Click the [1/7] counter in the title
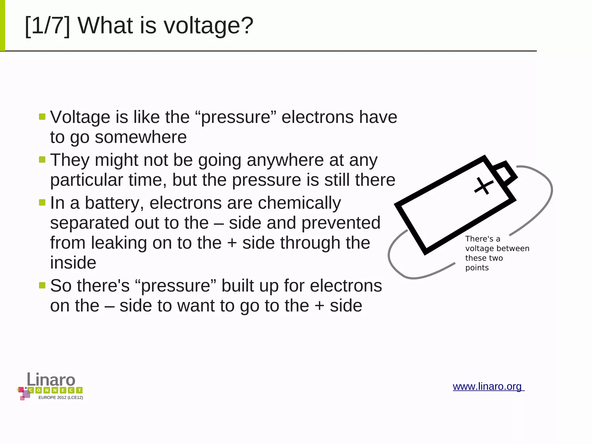coord(47,26)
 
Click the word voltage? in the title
coord(208,26)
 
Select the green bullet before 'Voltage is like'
coord(42,117)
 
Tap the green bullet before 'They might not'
coord(42,159)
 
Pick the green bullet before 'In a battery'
coord(42,202)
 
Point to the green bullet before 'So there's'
coord(42,285)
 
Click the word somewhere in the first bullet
coord(140,137)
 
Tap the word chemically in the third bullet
coord(299,203)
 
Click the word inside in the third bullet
coord(73,263)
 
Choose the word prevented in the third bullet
coord(341,223)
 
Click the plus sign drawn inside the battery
coord(484,186)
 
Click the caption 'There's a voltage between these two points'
coord(497,253)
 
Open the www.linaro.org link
coord(488,386)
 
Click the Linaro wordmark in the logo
coord(51,379)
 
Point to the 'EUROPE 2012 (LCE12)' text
coord(61,398)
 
